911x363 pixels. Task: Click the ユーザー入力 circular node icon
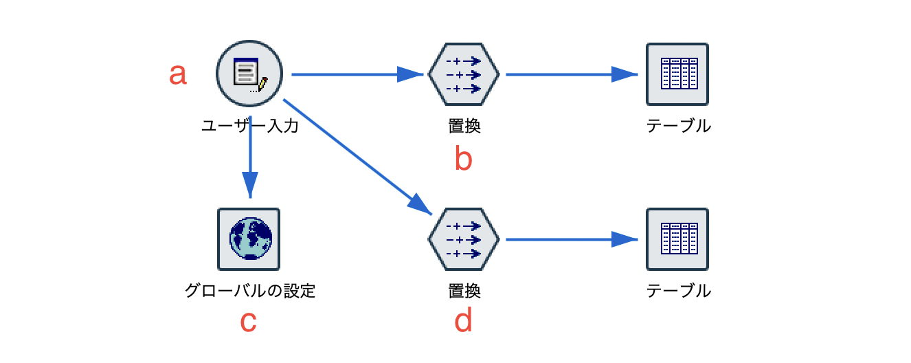[x=249, y=74]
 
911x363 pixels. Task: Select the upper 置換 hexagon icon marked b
[x=463, y=74]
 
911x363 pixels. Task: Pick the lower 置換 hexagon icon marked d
[x=463, y=239]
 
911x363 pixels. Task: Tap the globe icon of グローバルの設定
[x=249, y=239]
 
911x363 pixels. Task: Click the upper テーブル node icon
[x=677, y=74]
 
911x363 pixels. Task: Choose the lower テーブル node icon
[x=677, y=239]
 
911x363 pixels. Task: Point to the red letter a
[x=178, y=74]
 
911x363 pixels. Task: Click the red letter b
[x=463, y=159]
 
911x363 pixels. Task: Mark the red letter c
[x=249, y=322]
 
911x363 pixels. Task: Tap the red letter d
[x=463, y=321]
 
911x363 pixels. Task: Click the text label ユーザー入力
[x=249, y=126]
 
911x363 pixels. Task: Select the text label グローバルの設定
[x=249, y=291]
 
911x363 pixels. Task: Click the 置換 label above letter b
[x=463, y=126]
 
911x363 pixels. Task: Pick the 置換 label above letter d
[x=463, y=291]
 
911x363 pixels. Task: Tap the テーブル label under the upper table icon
[x=678, y=126]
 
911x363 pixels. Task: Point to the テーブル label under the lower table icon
[x=678, y=291]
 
